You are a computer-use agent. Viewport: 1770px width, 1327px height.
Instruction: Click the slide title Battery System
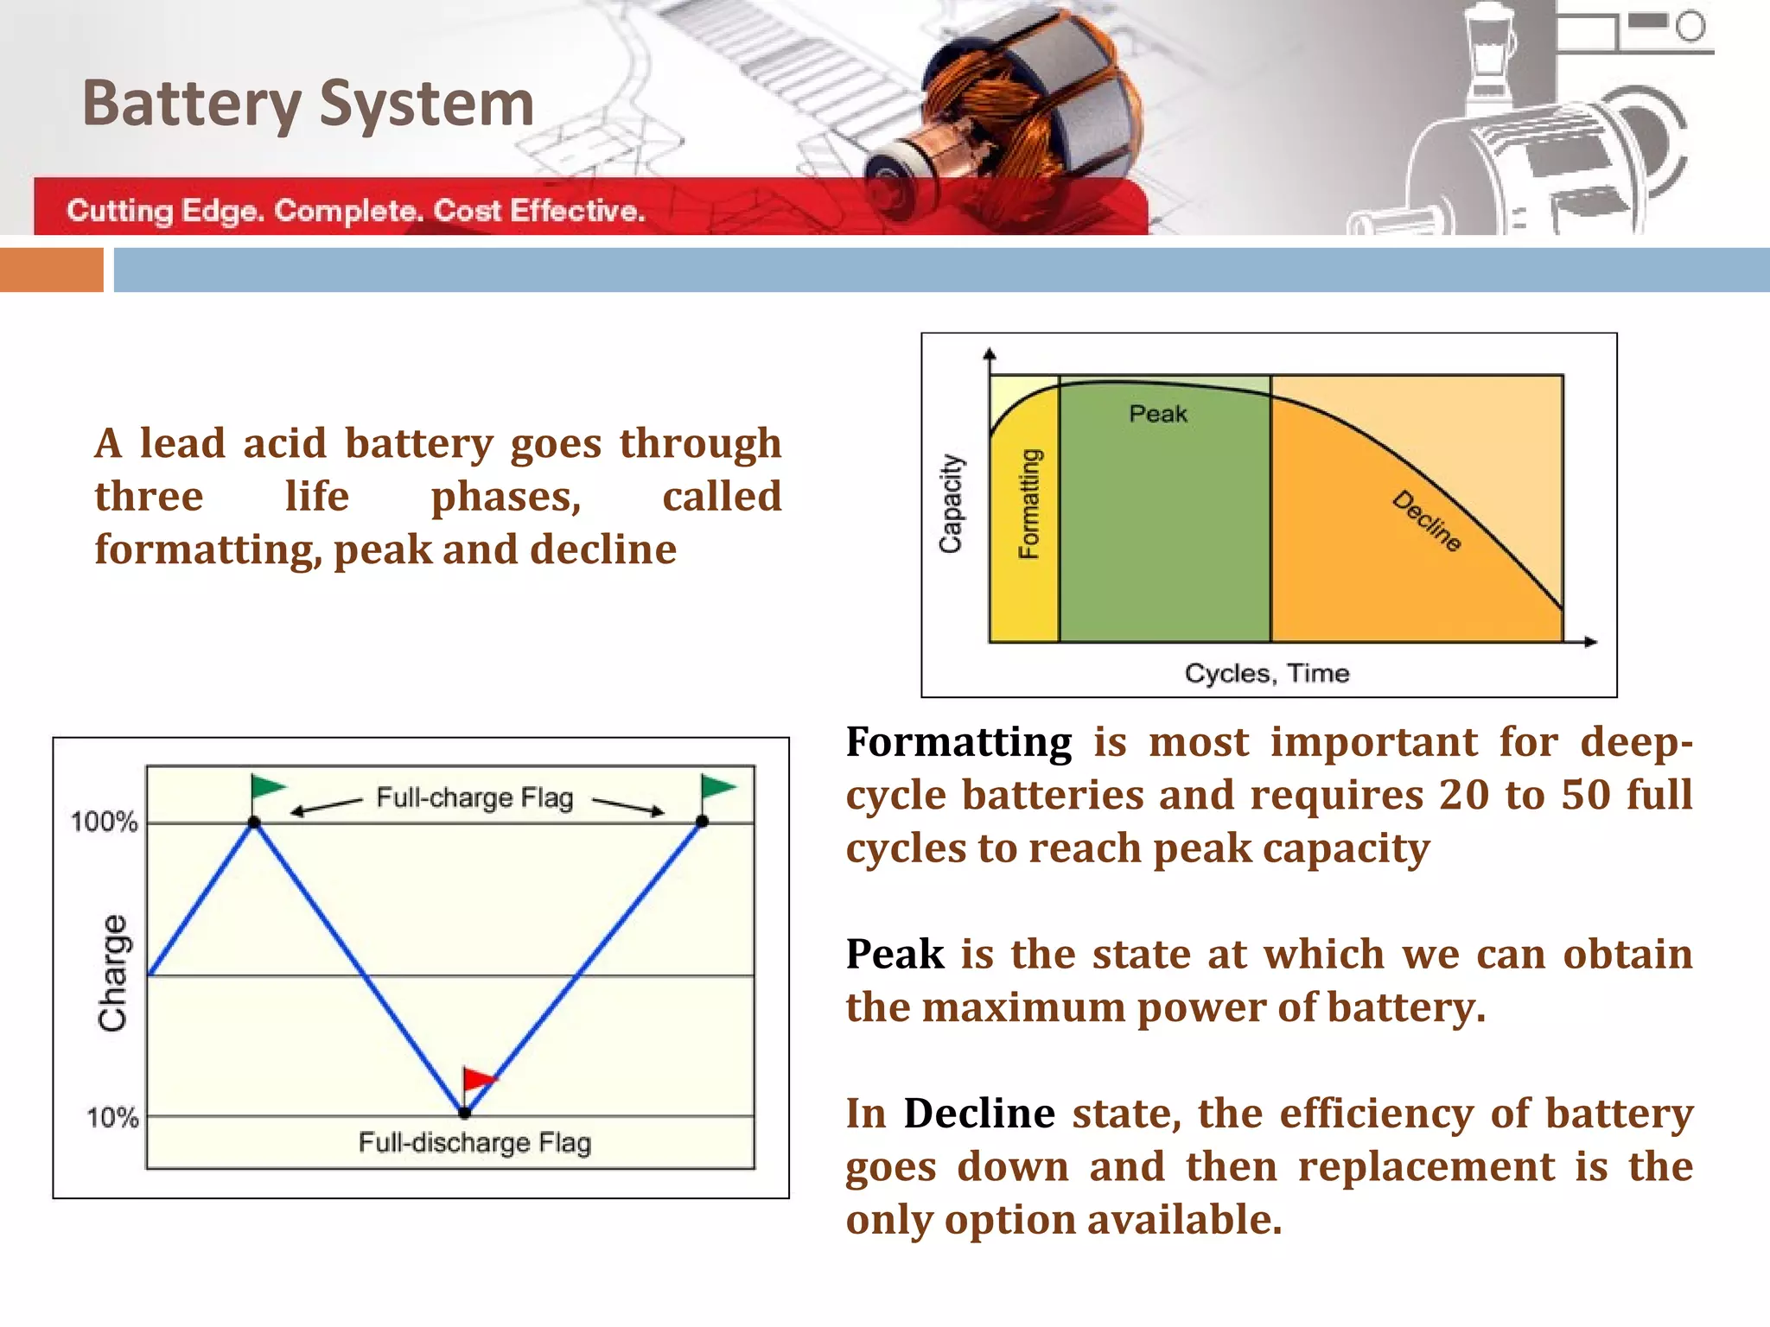click(x=308, y=104)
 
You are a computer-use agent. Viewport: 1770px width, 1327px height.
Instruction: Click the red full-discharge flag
click(x=478, y=1080)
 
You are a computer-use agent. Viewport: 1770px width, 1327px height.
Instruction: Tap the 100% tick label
click(x=104, y=822)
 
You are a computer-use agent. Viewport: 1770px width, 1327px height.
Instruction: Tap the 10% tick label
click(x=112, y=1118)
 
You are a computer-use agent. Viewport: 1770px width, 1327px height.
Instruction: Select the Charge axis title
click(x=113, y=973)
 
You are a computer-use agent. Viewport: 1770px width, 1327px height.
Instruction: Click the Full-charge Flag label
click(x=474, y=797)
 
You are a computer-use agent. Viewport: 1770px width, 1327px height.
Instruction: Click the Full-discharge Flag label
click(x=474, y=1143)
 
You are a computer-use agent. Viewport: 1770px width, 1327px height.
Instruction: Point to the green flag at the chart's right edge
click(x=716, y=788)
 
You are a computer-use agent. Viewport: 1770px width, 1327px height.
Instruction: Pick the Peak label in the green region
click(x=1158, y=415)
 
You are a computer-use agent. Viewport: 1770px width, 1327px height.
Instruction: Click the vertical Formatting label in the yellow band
click(x=1029, y=504)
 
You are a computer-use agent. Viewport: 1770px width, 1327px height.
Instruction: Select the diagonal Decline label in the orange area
click(x=1427, y=521)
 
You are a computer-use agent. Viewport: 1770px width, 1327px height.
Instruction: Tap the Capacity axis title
click(x=951, y=504)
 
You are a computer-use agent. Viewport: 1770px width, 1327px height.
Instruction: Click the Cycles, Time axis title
click(x=1267, y=673)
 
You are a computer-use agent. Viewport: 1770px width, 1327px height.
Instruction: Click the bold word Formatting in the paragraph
click(x=958, y=742)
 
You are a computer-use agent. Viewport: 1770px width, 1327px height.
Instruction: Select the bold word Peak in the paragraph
click(x=895, y=955)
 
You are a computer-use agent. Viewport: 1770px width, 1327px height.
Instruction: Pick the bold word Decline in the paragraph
click(x=979, y=1114)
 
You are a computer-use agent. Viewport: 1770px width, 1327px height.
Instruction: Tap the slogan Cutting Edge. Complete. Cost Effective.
click(x=356, y=211)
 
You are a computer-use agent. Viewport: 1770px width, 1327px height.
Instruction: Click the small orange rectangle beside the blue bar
click(x=52, y=270)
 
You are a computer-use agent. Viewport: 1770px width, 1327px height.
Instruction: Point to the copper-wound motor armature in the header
click(x=1020, y=104)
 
